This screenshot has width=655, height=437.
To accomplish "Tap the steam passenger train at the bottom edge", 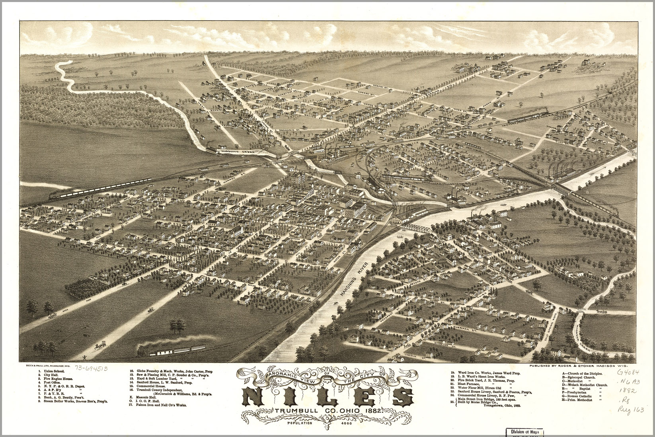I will [175, 349].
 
